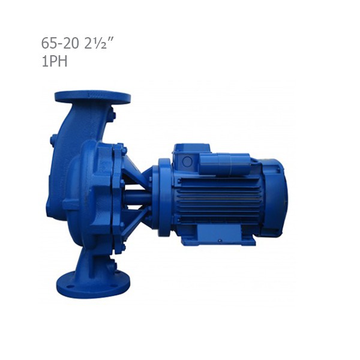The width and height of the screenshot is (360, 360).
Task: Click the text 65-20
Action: tap(59, 43)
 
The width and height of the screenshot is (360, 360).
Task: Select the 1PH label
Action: tap(55, 61)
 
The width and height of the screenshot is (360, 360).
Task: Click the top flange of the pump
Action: tap(92, 97)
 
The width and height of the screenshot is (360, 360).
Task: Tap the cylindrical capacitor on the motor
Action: tap(224, 164)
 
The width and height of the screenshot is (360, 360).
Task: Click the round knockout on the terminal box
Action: tap(187, 161)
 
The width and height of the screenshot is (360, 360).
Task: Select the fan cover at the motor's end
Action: tap(275, 196)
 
